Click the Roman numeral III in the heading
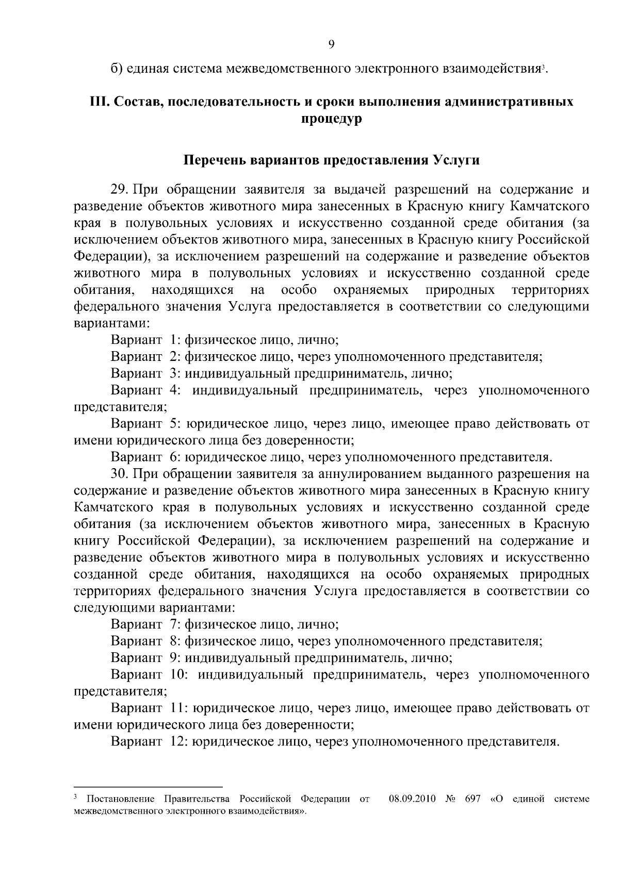[x=98, y=102]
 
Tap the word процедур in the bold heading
[x=331, y=119]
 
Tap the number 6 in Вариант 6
[x=174, y=457]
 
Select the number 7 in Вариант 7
[x=174, y=624]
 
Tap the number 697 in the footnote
[x=473, y=799]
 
